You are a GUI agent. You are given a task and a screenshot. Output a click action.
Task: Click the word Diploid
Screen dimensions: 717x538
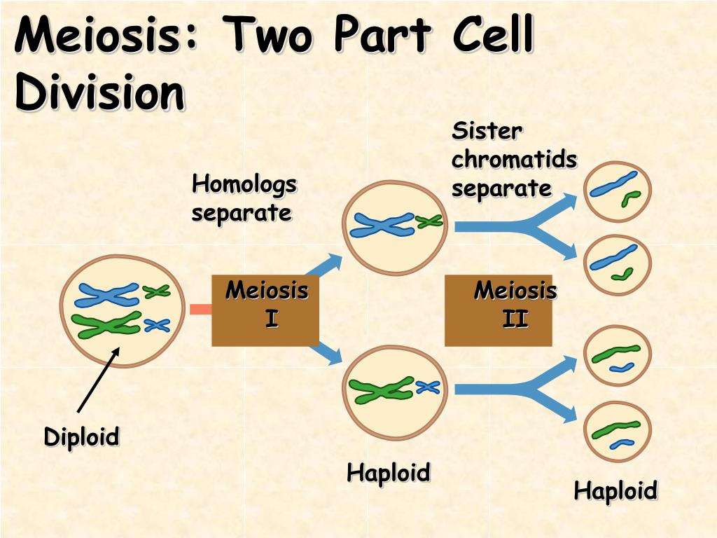(x=81, y=436)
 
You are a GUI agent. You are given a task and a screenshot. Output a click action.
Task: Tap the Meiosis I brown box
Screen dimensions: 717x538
(x=265, y=310)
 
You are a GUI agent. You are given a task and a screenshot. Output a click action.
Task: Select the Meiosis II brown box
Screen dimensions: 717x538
(x=499, y=310)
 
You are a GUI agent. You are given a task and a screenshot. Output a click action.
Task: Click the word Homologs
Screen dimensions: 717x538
(x=244, y=185)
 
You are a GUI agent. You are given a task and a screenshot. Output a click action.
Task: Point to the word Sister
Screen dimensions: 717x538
(x=487, y=132)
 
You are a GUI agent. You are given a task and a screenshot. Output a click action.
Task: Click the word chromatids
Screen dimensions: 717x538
(x=515, y=160)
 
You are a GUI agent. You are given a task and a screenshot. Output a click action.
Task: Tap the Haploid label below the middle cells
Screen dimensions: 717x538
(x=389, y=473)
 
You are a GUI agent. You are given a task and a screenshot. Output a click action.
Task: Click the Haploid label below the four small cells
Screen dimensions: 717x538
(x=616, y=491)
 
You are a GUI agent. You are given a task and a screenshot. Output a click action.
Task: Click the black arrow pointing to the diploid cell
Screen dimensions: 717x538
(x=98, y=380)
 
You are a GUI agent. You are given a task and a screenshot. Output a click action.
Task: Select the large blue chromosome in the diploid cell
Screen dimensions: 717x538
(x=107, y=295)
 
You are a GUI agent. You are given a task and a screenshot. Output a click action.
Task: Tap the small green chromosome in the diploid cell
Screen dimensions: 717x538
(x=156, y=291)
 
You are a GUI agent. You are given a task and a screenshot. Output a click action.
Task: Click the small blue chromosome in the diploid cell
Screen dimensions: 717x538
(x=158, y=325)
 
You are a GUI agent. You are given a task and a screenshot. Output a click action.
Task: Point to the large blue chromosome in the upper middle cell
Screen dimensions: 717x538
(x=382, y=225)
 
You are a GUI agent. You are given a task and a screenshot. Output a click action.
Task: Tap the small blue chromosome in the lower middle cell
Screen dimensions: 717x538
(x=428, y=387)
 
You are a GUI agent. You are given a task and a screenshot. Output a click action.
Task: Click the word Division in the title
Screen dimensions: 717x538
(x=99, y=92)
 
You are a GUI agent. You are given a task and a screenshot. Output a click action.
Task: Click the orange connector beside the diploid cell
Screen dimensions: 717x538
(x=201, y=309)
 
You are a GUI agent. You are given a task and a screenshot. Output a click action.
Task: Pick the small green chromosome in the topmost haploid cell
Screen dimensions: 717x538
(x=631, y=199)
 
